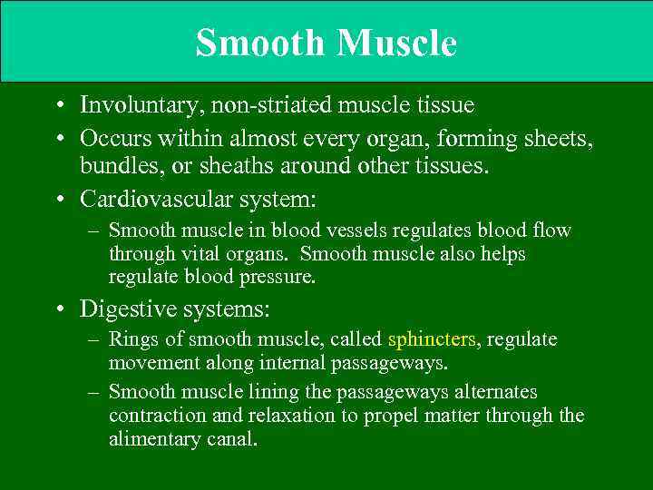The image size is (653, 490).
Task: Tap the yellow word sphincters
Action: pyautogui.click(x=432, y=339)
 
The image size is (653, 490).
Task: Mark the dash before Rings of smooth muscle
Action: pyautogui.click(x=93, y=340)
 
